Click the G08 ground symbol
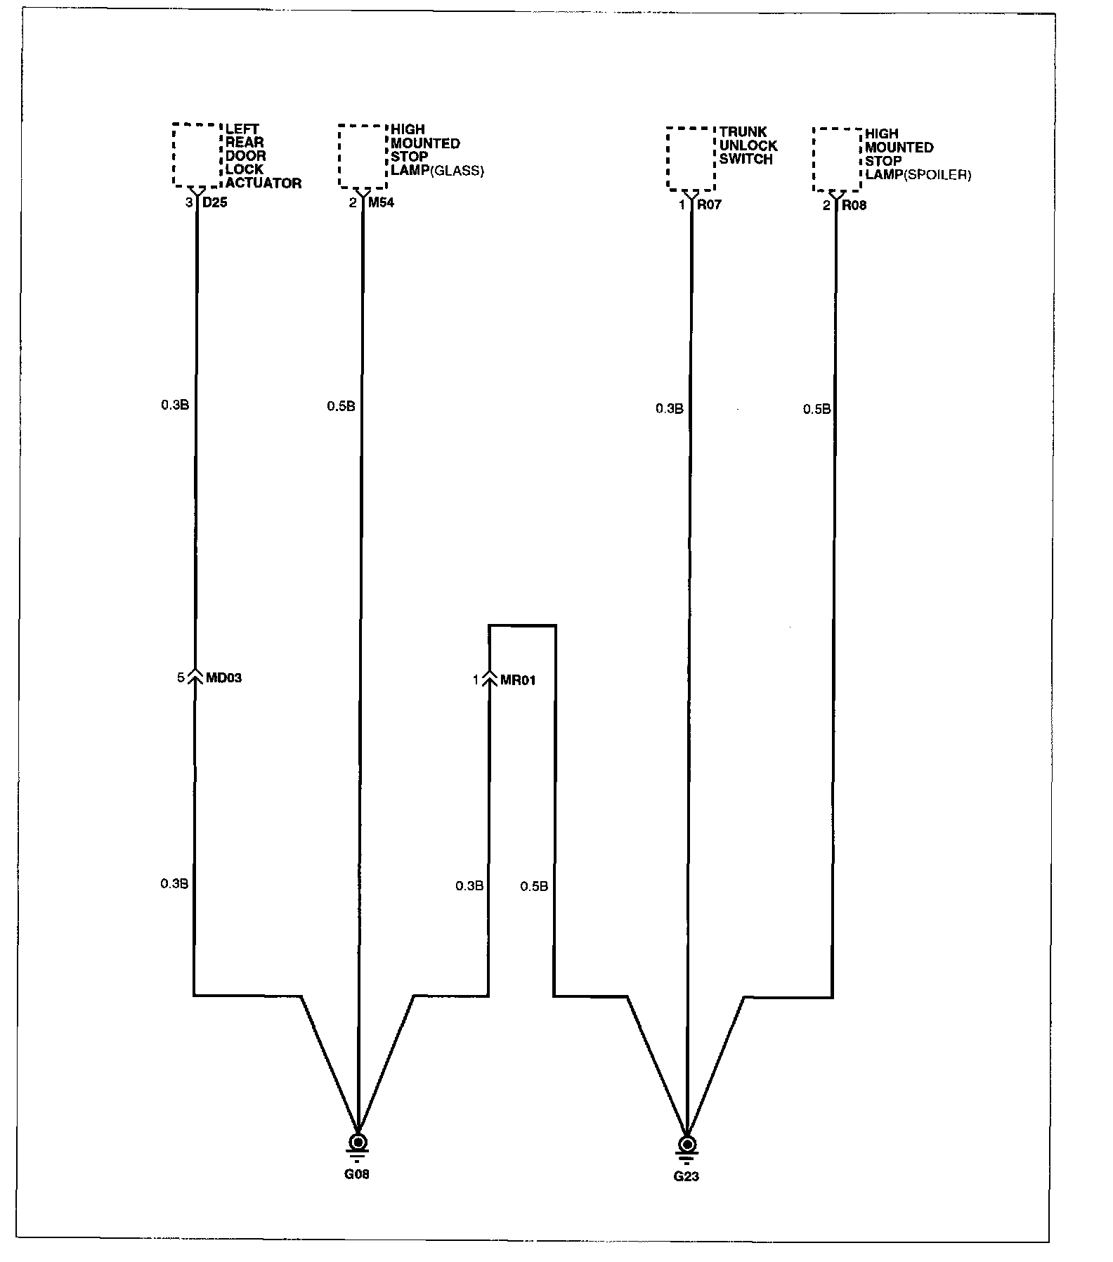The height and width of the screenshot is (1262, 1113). click(x=358, y=1142)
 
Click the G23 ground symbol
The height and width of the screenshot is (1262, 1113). click(x=687, y=1144)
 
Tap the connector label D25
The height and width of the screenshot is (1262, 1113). click(x=215, y=203)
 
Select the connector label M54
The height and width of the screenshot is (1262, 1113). click(x=382, y=203)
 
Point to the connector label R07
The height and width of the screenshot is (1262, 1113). click(x=708, y=205)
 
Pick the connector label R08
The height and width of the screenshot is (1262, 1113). click(x=854, y=206)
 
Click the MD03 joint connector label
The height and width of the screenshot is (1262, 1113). click(x=223, y=678)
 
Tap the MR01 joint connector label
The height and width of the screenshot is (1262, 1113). click(x=518, y=680)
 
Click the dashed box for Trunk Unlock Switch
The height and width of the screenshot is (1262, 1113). click(x=691, y=159)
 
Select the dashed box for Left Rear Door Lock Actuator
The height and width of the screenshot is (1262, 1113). click(x=197, y=155)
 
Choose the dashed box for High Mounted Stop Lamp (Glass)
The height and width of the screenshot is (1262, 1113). click(x=363, y=157)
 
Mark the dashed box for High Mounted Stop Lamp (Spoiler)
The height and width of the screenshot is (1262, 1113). click(x=837, y=160)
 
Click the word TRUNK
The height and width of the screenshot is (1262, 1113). click(x=743, y=132)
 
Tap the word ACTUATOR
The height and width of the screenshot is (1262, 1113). click(x=263, y=183)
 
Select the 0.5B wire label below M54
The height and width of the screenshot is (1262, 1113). click(x=341, y=406)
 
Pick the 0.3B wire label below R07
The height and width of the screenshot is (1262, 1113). click(x=669, y=408)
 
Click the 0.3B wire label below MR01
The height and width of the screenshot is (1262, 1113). click(x=469, y=886)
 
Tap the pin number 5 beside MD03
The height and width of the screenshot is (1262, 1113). click(x=181, y=677)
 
